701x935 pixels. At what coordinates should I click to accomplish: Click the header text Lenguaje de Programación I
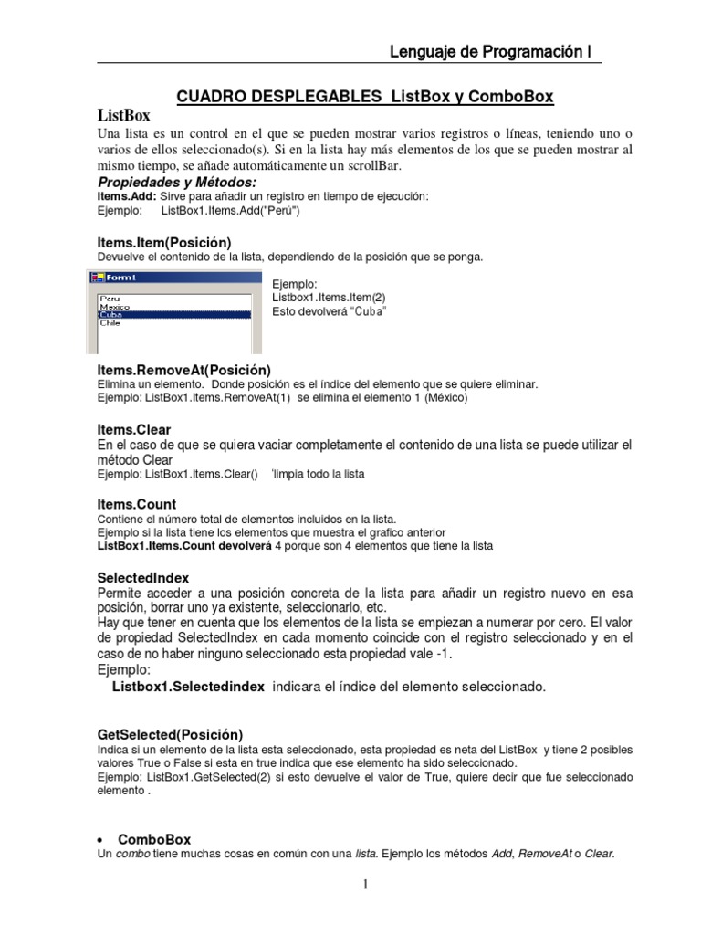(489, 52)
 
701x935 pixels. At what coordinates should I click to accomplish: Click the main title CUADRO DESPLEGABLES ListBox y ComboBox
(364, 97)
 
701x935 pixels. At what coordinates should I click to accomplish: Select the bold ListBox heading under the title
(123, 116)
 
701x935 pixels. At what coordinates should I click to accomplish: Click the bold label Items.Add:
(127, 196)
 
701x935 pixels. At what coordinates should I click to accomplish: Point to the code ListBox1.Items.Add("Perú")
(230, 210)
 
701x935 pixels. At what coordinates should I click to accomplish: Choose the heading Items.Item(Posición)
(164, 242)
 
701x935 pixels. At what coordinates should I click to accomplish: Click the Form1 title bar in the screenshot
(173, 277)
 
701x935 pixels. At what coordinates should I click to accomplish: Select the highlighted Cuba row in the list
(173, 314)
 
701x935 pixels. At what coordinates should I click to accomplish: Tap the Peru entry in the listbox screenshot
(110, 299)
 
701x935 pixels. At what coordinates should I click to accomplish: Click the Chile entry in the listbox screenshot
(110, 323)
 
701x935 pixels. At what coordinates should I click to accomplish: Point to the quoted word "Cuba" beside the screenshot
(367, 312)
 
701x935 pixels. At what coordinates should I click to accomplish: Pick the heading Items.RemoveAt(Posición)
(183, 370)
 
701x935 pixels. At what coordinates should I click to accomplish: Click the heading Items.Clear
(134, 429)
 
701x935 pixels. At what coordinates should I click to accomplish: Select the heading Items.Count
(137, 504)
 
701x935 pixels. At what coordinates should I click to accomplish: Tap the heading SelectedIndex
(143, 578)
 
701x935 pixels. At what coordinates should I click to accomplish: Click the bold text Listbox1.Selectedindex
(188, 686)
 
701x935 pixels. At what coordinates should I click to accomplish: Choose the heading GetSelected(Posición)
(170, 734)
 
